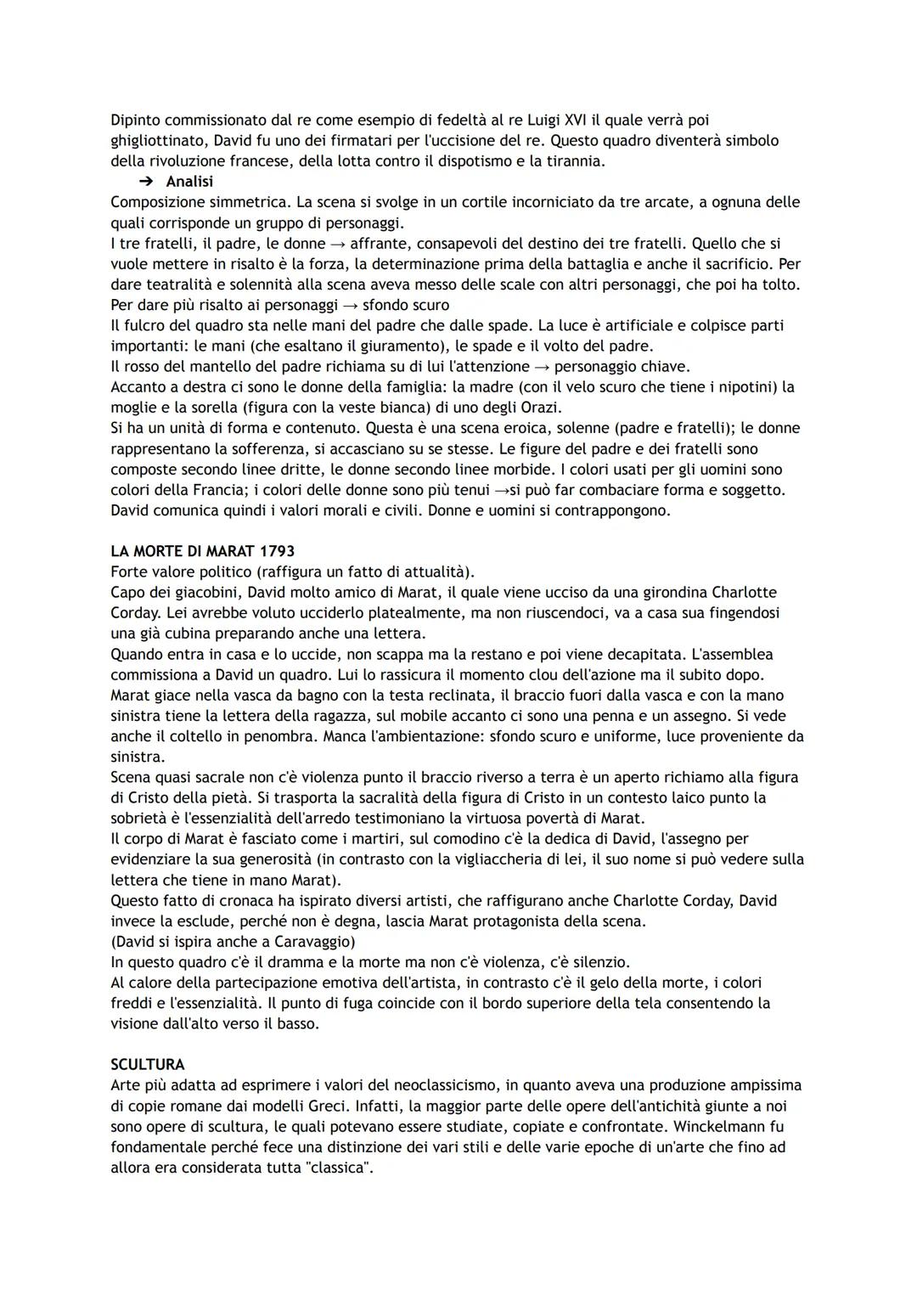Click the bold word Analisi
click(x=189, y=182)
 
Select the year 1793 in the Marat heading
click(x=276, y=551)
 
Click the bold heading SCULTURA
click(x=148, y=1064)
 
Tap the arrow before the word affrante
click(x=338, y=244)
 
